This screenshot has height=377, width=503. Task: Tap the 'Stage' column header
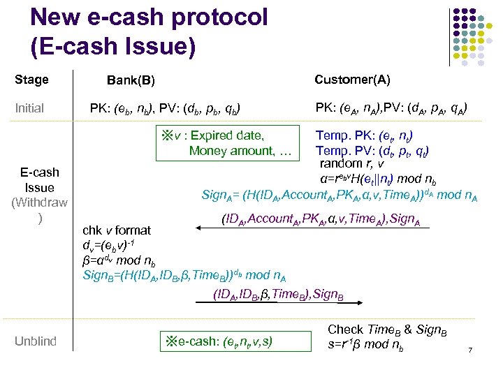pos(31,80)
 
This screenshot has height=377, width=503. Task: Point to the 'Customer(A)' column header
pos(352,80)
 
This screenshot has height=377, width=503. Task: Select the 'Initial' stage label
pos(29,108)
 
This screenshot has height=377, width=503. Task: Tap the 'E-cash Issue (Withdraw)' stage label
pos(39,195)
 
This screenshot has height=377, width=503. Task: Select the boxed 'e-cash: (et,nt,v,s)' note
pos(219,341)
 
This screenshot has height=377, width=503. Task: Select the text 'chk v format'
pos(117,230)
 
